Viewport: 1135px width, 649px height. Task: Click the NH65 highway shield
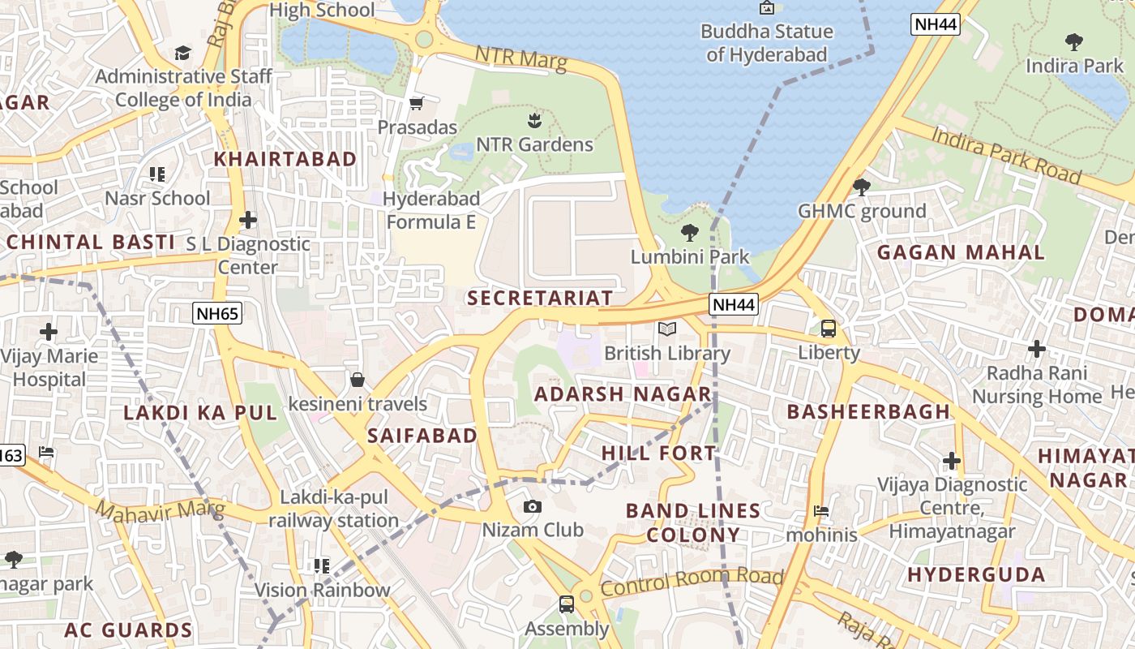[218, 313]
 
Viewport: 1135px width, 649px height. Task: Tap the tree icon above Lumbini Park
[690, 233]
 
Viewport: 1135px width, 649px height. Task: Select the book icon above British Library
[667, 329]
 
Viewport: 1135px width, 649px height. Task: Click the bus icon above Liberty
[829, 329]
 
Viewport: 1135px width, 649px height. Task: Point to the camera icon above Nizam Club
[533, 506]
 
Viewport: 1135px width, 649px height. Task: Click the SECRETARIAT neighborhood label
[540, 298]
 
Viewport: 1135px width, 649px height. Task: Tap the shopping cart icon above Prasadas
[417, 103]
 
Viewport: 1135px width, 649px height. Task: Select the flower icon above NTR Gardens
[533, 121]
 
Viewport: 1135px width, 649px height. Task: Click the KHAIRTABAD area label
[285, 159]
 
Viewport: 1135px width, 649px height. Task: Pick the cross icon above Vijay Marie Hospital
[49, 332]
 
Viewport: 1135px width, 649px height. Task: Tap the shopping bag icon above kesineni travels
[357, 379]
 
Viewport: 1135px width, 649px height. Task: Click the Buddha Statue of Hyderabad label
[766, 43]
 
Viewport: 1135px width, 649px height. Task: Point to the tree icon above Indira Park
[1074, 41]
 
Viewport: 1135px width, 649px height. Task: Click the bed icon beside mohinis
[821, 511]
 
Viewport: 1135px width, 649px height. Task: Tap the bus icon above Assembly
[566, 604]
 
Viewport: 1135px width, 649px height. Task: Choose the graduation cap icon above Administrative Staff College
[183, 53]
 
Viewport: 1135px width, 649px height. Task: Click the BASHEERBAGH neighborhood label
[868, 411]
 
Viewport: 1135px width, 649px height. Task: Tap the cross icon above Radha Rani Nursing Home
[1036, 349]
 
